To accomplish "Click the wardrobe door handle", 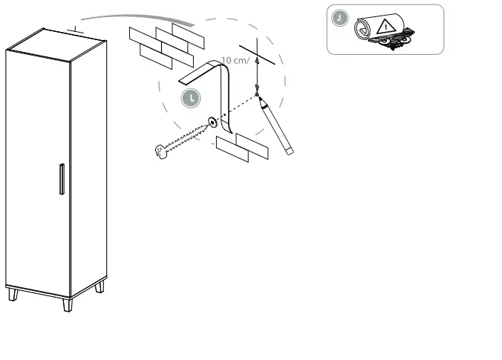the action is pyautogui.click(x=62, y=179).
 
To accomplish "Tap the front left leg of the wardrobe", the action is pyautogui.click(x=13, y=295).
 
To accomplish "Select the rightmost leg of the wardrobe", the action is pyautogui.click(x=100, y=286).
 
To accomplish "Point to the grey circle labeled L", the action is pyautogui.click(x=191, y=96).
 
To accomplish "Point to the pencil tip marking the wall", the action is pyautogui.click(x=258, y=96).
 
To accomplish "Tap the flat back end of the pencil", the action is pyautogui.click(x=289, y=151).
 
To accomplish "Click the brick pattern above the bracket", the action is pyautogui.click(x=163, y=43).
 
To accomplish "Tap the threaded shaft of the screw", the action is pyautogui.click(x=186, y=138).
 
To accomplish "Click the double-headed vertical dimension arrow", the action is pyautogui.click(x=256, y=74).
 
